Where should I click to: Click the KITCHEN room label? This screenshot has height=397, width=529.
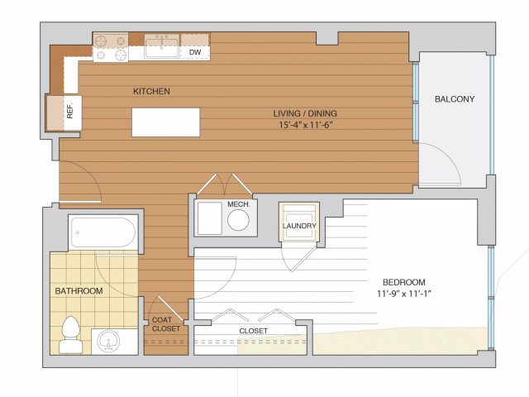coord(151,91)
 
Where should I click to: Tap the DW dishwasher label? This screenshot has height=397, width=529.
coord(195,52)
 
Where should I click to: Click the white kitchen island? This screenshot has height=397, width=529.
coord(165,122)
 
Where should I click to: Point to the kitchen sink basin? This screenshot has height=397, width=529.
coord(162,47)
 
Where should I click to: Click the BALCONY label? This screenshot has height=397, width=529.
coord(455,99)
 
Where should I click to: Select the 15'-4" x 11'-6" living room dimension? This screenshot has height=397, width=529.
coord(306,125)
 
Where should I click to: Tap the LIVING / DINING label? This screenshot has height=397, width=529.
coord(305,113)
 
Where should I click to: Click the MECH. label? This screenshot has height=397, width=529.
coord(239,204)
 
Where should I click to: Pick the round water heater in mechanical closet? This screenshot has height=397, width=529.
coord(238,220)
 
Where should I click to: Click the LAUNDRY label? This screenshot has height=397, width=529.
coord(299,226)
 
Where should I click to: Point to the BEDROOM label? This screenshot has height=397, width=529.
coord(404,282)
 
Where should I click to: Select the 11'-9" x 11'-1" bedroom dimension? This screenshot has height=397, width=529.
coord(404,294)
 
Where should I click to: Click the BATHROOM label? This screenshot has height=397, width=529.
coord(79,290)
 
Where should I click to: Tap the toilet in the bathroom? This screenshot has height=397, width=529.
coord(71,334)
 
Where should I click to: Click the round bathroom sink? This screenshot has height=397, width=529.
coord(108,341)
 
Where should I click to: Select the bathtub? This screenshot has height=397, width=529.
coord(102,232)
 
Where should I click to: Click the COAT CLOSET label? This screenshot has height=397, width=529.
coord(165,324)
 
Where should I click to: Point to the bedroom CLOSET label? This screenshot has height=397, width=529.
coord(254,331)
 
